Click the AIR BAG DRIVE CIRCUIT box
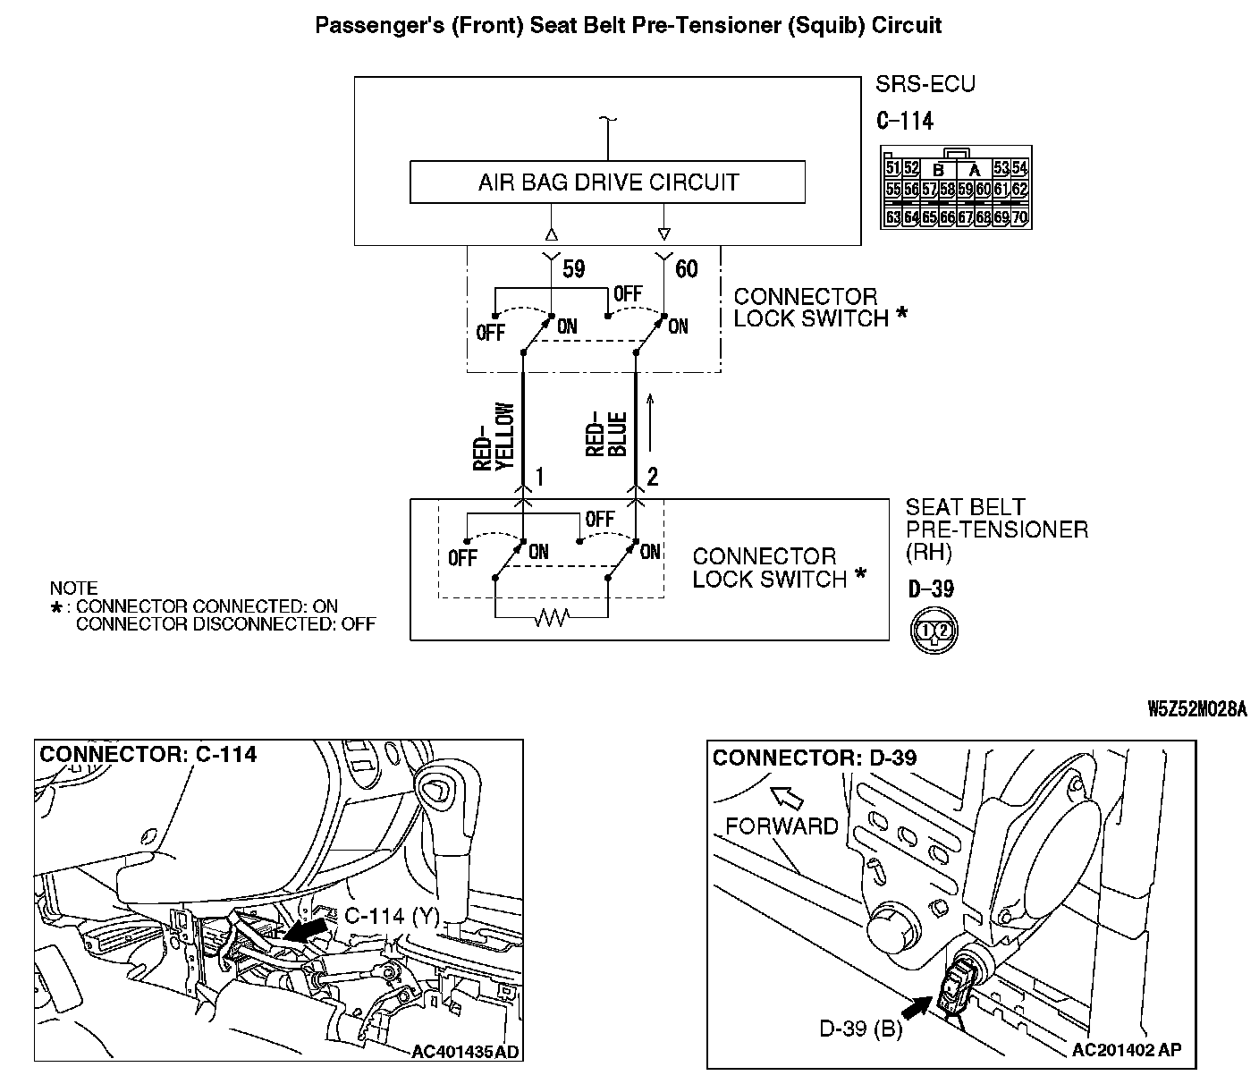pos(607,182)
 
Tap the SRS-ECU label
pos(925,85)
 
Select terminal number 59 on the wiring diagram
pos(573,268)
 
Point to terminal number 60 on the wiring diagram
pos(686,268)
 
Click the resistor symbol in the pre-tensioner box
pos(551,617)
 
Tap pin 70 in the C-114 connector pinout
pos(1018,217)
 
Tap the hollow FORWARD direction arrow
pos(784,794)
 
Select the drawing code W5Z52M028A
pos(1196,709)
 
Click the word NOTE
pos(73,589)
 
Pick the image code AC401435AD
pos(465,1051)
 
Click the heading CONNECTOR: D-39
pos(815,758)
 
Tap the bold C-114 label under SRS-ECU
pos(906,122)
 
